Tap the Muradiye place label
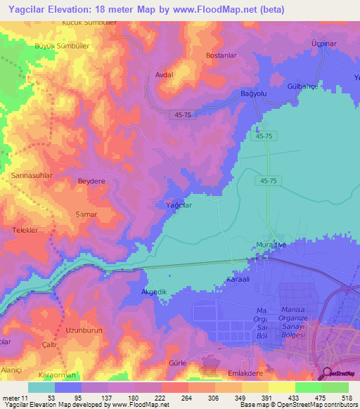tap(267, 245)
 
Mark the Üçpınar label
tap(324, 43)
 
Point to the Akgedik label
tap(155, 290)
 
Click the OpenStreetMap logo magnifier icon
tap(328, 373)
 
